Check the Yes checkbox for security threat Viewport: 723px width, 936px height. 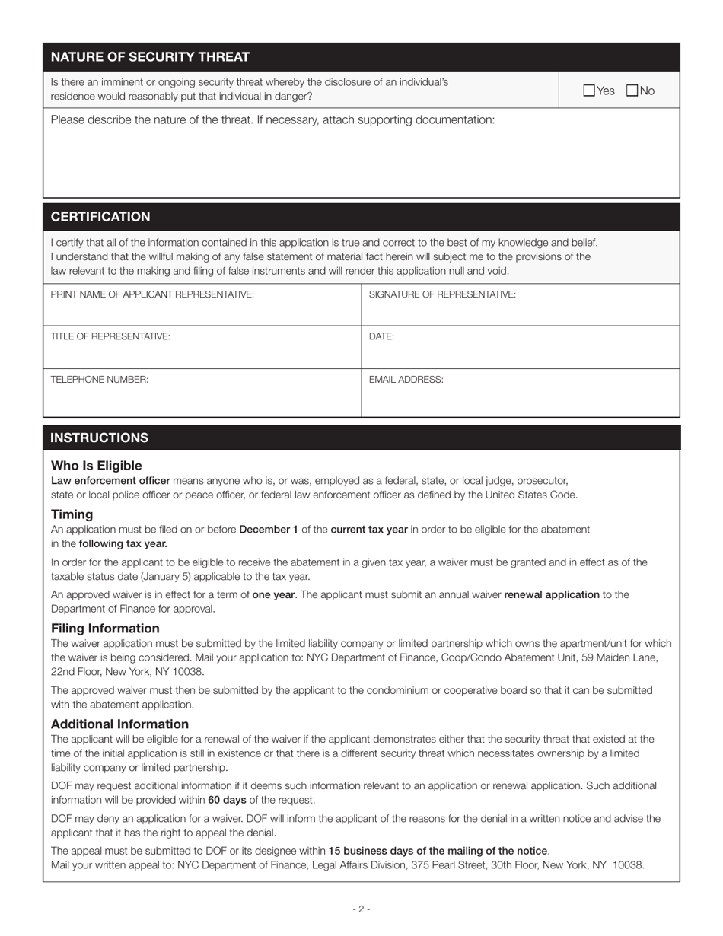pyautogui.click(x=589, y=91)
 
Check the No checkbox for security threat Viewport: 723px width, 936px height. pyautogui.click(x=632, y=91)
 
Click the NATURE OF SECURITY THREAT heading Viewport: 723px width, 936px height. pyautogui.click(x=150, y=57)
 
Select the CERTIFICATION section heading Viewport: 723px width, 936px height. pyautogui.click(x=100, y=217)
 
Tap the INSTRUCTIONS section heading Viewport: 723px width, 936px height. pyautogui.click(x=100, y=438)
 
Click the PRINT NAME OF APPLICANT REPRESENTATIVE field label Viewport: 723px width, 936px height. pyautogui.click(x=152, y=294)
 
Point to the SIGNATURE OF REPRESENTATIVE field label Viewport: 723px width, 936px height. pyautogui.click(x=442, y=294)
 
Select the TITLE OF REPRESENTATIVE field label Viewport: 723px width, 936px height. pyautogui.click(x=110, y=336)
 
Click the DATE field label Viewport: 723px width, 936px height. pyautogui.click(x=381, y=336)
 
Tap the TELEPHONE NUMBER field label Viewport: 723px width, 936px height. pyautogui.click(x=100, y=380)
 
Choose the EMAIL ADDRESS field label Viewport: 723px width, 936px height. pyautogui.click(x=406, y=380)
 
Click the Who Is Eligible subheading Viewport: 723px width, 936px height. pyautogui.click(x=97, y=466)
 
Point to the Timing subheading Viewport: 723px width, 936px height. pyautogui.click(x=72, y=514)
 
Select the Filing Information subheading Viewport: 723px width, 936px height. pyautogui.click(x=105, y=629)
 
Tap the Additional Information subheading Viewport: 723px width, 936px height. pyautogui.click(x=119, y=724)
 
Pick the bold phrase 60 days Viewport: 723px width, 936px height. pyautogui.click(x=227, y=800)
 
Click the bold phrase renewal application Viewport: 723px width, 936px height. pyautogui.click(x=551, y=594)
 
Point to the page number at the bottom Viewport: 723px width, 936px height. pyautogui.click(x=361, y=909)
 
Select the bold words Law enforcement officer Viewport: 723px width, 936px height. pyautogui.click(x=110, y=481)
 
